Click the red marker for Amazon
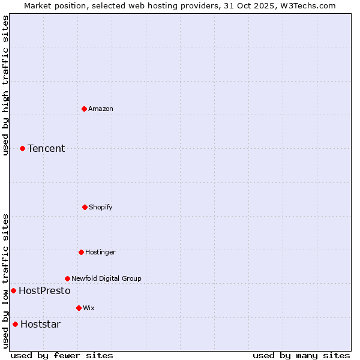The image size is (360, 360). coord(84,109)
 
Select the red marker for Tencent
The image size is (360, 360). coord(22,148)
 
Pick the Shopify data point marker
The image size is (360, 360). coord(85,207)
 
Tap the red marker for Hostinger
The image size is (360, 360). coord(81,252)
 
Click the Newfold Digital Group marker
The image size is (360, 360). coord(67,278)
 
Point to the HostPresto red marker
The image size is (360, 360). coord(13,290)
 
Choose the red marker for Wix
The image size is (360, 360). coord(79,308)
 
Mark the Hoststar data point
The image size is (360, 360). coord(15,324)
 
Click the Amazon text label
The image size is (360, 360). coord(101,109)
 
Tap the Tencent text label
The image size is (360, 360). coord(46,148)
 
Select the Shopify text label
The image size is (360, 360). coord(101,207)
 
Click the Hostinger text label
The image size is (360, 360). coord(100,252)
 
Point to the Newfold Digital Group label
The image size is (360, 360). coord(106,278)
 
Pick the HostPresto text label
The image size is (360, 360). coord(44,290)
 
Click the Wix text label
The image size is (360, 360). coord(89,308)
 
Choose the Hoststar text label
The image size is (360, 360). coord(40,324)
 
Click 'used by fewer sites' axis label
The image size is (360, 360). coord(62,355)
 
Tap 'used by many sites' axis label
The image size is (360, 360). coord(301,355)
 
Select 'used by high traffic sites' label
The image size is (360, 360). coord(5,85)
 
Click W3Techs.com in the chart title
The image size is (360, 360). coord(307,5)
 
